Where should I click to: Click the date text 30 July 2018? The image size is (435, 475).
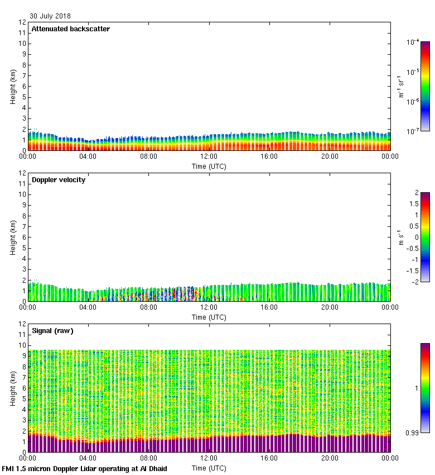[x=50, y=16]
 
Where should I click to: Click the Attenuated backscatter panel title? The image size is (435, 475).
[x=71, y=29]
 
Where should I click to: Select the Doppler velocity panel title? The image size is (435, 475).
[x=59, y=180]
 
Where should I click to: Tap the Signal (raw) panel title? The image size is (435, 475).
[x=52, y=331]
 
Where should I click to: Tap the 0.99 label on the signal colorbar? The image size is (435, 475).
[x=412, y=433]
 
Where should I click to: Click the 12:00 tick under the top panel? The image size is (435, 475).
[x=209, y=156]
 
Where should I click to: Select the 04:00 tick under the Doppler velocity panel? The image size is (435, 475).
[x=88, y=307]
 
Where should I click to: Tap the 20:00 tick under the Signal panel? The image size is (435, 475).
[x=330, y=458]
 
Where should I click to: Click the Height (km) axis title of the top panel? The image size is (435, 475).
[x=12, y=86]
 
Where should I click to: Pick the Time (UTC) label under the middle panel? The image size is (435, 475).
[x=209, y=317]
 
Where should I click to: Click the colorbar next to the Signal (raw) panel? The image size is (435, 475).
[x=425, y=388]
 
